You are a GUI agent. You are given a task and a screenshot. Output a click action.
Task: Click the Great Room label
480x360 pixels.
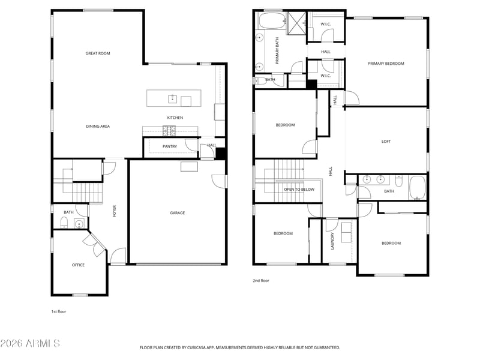point(98,53)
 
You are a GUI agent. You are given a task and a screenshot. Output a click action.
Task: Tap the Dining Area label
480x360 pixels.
point(98,126)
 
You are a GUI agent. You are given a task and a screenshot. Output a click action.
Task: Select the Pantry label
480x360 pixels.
point(170,146)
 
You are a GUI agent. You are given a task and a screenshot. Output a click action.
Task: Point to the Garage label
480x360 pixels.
point(178,213)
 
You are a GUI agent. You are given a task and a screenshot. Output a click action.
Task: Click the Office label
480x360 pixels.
point(79,265)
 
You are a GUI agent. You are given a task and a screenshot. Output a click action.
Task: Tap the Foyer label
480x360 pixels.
point(115,211)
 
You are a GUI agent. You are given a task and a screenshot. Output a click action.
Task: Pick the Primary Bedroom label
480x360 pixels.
point(386,64)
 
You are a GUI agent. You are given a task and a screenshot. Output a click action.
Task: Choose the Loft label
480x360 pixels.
point(386,142)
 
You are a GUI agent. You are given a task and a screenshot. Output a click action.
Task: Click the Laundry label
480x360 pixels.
point(333,241)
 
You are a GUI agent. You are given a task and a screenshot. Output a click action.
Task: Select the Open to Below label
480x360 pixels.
point(299,190)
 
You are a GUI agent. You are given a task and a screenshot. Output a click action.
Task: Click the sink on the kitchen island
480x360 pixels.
point(172,99)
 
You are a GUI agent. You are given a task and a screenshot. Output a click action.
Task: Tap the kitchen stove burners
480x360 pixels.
point(169,131)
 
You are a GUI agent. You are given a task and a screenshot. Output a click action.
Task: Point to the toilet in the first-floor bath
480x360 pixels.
point(64,222)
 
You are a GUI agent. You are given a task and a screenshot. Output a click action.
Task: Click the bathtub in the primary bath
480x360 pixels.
point(272,21)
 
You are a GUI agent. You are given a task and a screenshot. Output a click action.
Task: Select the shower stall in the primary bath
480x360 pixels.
point(296,23)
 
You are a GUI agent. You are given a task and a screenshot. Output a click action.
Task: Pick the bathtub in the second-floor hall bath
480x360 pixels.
point(417,188)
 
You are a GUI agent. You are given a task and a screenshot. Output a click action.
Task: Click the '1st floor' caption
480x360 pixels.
point(58,311)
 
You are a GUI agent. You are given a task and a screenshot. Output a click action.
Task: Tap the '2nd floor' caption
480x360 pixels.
point(261,280)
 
